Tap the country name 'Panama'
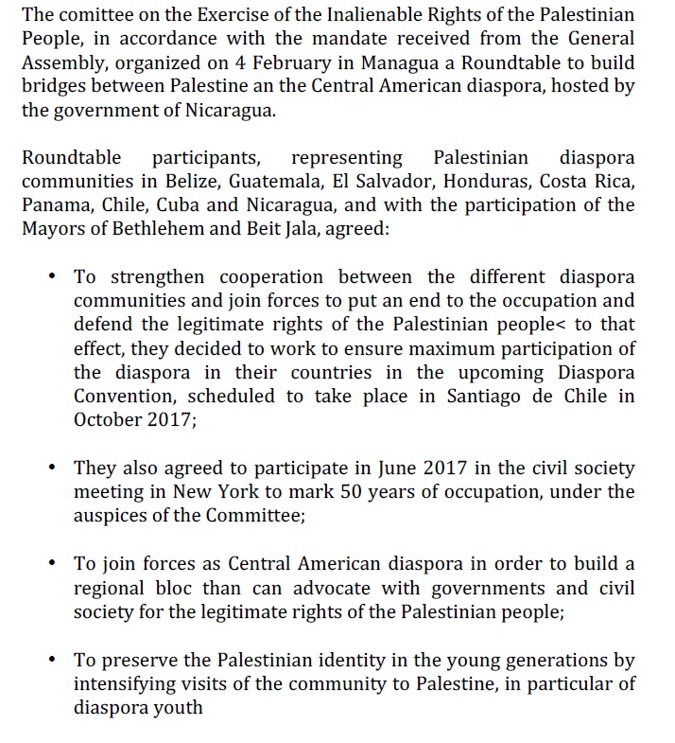coord(53,205)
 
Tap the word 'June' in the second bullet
coord(333,469)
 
